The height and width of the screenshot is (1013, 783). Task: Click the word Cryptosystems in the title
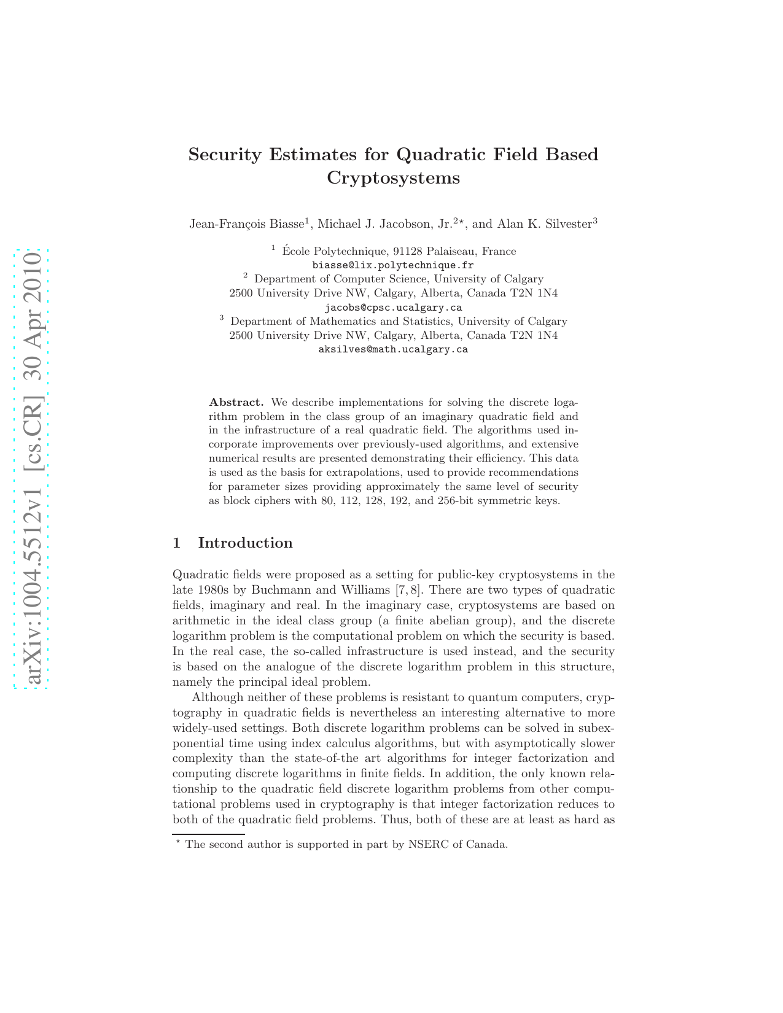click(x=393, y=178)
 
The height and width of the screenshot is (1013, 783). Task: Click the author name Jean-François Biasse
click(x=247, y=224)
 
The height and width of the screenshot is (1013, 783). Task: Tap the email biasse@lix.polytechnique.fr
click(x=393, y=265)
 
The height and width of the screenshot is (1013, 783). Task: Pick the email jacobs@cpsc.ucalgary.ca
click(x=393, y=308)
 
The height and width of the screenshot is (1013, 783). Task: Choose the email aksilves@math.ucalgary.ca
click(x=393, y=349)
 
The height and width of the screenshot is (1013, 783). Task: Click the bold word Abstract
click(x=236, y=403)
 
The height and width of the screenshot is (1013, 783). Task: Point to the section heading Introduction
click(x=245, y=543)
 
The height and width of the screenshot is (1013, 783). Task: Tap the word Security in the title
click(x=225, y=155)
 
